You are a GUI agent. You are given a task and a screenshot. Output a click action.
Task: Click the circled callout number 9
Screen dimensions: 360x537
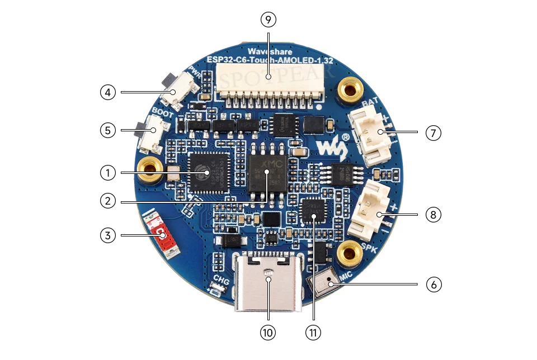[x=268, y=20]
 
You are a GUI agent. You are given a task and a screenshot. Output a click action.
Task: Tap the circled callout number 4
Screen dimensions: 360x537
[x=108, y=91]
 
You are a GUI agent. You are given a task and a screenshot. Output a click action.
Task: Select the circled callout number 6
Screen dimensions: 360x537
[x=434, y=284]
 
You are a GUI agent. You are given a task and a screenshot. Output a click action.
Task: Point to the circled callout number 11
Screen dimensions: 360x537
[x=313, y=332]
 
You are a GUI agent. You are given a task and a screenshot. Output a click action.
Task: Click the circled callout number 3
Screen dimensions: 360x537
[x=108, y=235]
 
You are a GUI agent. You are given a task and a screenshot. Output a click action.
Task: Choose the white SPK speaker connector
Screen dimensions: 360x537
[x=369, y=213]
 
